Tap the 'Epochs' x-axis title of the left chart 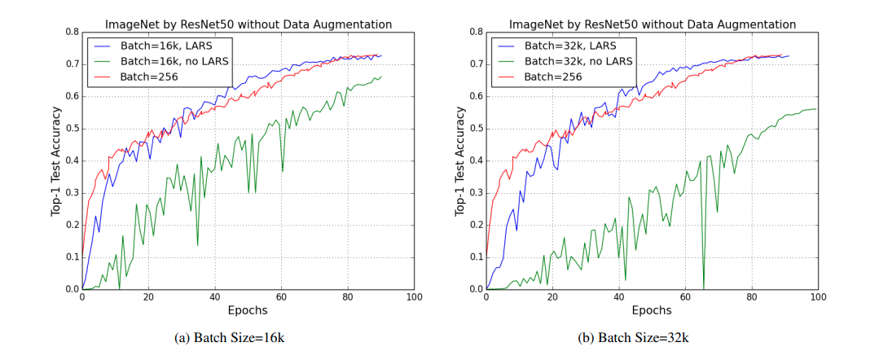(248, 310)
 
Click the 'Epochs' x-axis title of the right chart (652, 310)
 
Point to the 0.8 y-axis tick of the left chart (71, 33)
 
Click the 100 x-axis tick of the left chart (414, 298)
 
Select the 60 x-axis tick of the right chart (685, 298)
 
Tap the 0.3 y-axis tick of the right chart (475, 193)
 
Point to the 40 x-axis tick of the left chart (215, 298)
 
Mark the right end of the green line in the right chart (815, 109)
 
